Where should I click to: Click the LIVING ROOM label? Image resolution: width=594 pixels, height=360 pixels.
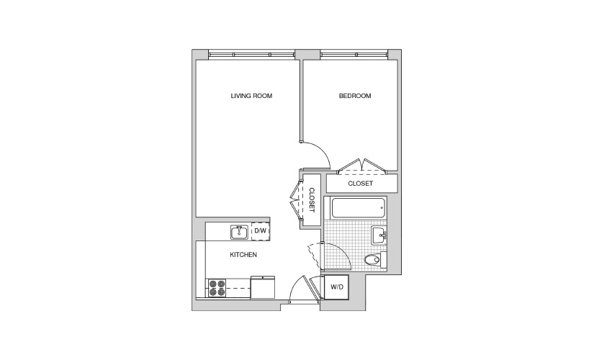coord(251,96)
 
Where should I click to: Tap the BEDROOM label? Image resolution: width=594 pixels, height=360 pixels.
coord(355,96)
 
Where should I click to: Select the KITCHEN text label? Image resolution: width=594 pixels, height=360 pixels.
coord(243,255)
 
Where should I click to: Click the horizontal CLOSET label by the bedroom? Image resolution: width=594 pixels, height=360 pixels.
coord(361,184)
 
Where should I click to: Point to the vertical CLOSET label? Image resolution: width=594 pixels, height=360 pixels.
coord(312,200)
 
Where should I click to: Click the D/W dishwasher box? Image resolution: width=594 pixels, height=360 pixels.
coord(260,230)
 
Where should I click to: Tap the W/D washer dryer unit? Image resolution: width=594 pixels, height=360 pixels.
coord(337,287)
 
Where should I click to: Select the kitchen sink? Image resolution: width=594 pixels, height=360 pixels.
coord(240,232)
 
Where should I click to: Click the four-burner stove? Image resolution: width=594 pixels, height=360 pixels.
coord(217,288)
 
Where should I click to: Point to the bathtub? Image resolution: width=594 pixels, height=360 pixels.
coord(359,208)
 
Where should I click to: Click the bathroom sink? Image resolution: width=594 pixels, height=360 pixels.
coord(379,235)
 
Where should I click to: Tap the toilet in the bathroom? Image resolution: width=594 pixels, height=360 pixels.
coord(375,260)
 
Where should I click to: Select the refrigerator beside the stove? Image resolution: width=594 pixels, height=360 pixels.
coord(263,287)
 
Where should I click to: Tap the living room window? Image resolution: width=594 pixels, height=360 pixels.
coord(251,55)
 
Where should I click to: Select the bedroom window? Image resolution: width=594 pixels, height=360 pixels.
coord(354,55)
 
